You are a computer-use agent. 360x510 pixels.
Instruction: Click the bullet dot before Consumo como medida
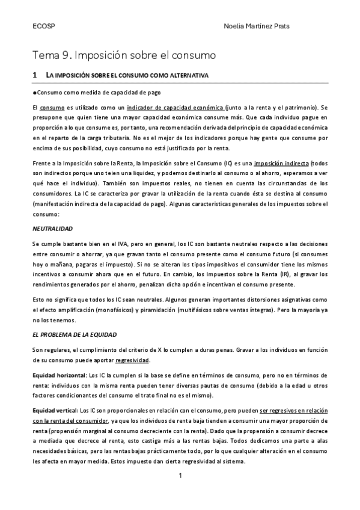[34, 92]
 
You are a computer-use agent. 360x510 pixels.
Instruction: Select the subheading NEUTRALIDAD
[52, 229]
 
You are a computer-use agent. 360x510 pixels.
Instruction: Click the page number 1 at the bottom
[180, 476]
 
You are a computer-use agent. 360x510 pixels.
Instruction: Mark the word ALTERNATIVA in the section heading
[185, 76]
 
